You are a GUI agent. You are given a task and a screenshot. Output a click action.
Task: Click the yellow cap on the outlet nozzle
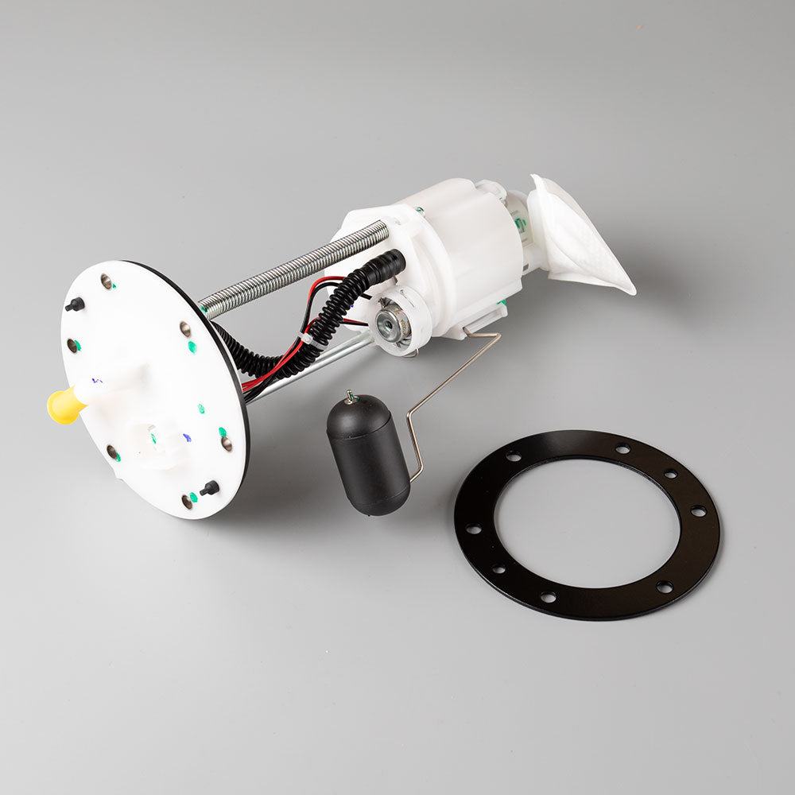tap(65, 405)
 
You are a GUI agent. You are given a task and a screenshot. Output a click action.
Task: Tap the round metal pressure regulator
tap(392, 322)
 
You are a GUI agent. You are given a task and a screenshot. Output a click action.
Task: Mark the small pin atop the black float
tap(348, 395)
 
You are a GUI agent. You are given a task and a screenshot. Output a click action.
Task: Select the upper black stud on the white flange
tap(75, 304)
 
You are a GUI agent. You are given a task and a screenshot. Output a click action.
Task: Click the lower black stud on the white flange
tap(210, 488)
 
